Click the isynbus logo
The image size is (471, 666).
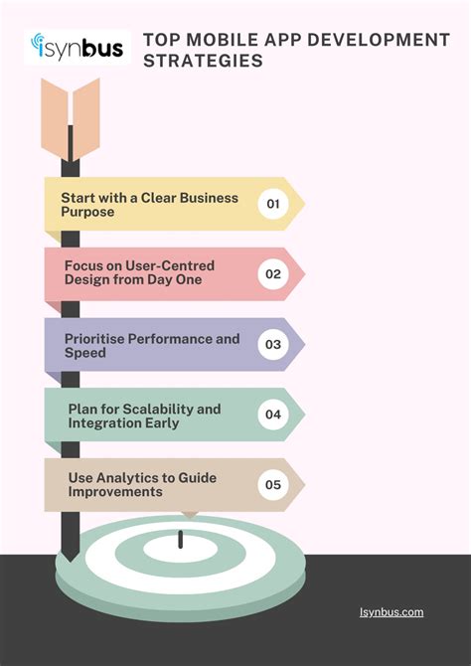point(78,47)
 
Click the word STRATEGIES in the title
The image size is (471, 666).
point(203,61)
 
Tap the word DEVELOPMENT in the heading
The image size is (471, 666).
point(378,40)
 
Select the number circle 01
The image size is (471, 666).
point(273,204)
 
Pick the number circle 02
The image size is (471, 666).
point(273,274)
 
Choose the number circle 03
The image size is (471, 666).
point(273,344)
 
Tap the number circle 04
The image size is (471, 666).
point(273,415)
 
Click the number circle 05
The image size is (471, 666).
point(273,485)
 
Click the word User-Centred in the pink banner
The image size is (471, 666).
point(170,265)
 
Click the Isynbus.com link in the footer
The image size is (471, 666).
point(392,612)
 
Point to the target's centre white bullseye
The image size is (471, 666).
point(181,549)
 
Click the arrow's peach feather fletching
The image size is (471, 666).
point(71,119)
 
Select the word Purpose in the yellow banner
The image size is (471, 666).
point(87,212)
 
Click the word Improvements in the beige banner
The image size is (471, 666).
point(115,492)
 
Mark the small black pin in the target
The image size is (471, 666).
point(181,539)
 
